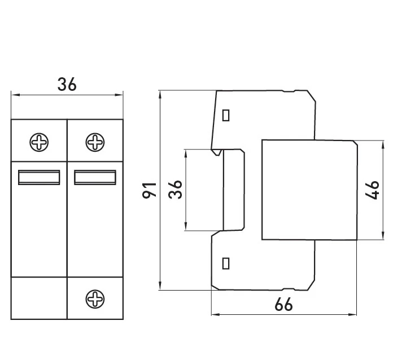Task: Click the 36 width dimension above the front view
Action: (67, 84)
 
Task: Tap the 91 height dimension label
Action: (150, 190)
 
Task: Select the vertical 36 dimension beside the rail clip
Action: (175, 190)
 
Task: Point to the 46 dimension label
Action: (372, 190)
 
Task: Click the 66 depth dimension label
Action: (283, 304)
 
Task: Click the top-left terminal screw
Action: (39, 142)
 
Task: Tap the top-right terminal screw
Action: (95, 142)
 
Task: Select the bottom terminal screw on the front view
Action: (95, 299)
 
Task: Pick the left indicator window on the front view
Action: (39, 177)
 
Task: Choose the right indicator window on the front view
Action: (95, 177)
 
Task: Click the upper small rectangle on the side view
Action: (226, 115)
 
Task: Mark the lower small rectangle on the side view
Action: (226, 264)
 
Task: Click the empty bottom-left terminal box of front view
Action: (39, 298)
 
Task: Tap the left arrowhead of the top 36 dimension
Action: (15, 95)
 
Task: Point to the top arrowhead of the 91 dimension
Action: (160, 95)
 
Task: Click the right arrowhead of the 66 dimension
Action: (353, 314)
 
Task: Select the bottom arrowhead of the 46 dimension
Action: (383, 236)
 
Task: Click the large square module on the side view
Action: (309, 190)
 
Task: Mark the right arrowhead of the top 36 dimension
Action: (119, 95)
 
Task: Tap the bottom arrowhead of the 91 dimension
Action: (160, 286)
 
